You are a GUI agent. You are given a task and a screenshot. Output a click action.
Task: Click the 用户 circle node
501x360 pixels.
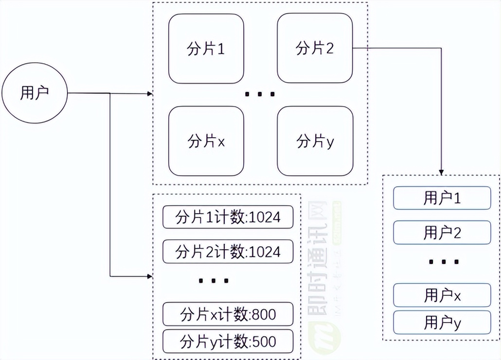coord(34,93)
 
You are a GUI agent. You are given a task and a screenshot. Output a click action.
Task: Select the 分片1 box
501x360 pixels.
coord(206,49)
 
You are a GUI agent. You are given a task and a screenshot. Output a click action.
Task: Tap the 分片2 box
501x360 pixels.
coord(315,49)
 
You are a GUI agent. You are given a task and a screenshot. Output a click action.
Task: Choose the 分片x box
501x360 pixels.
coord(206,142)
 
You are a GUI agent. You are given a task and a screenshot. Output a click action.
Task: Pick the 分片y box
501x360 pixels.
coord(315,142)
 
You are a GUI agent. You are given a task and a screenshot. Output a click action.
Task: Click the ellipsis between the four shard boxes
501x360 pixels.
coord(260,94)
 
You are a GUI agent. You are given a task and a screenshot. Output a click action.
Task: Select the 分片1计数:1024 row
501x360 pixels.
coord(228,217)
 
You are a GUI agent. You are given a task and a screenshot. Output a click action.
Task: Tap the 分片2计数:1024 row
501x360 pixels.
coord(228,251)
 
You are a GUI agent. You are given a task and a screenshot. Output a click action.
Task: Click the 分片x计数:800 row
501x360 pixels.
coord(228,314)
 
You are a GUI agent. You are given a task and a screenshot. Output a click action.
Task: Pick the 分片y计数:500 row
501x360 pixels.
coord(228,341)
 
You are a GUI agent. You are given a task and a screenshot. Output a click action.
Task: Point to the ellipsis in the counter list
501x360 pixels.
coord(214,281)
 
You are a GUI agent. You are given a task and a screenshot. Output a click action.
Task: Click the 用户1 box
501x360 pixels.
coord(442,198)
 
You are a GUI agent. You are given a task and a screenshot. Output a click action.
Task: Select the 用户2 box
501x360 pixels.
coord(442,233)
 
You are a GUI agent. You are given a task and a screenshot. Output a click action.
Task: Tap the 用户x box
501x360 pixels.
coord(442,295)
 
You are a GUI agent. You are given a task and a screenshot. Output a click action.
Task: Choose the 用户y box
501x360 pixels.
coord(442,323)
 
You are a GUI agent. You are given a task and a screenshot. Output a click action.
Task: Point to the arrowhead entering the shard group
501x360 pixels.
coord(149,93)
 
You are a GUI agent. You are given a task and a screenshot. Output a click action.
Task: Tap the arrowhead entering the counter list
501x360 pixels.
coord(149,276)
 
